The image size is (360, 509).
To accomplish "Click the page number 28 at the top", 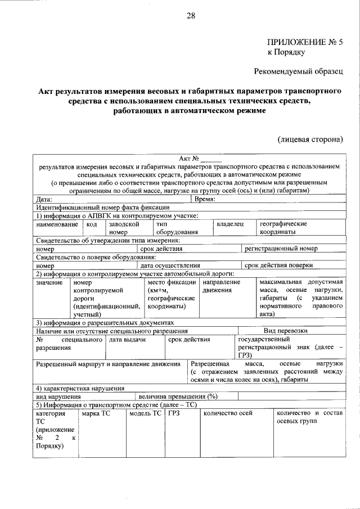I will click(x=191, y=16).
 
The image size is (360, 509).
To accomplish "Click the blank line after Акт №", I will click(x=211, y=159).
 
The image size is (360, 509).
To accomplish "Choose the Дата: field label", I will click(x=44, y=199).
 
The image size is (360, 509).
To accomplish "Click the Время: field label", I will click(x=206, y=199).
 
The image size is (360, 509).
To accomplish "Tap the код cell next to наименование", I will click(x=92, y=224).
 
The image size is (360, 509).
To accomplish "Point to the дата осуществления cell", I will click(x=170, y=265).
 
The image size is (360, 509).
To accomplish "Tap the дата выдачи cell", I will click(x=128, y=340).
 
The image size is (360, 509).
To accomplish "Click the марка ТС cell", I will click(x=96, y=413).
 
